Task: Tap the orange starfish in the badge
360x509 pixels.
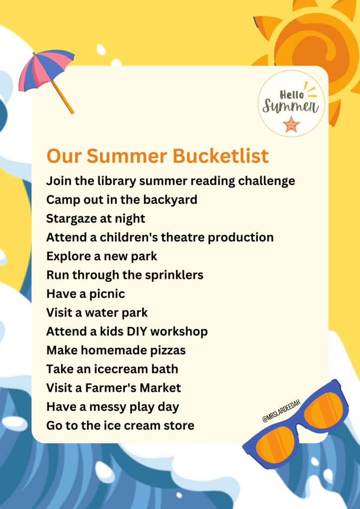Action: [291, 124]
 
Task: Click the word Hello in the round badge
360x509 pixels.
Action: [292, 94]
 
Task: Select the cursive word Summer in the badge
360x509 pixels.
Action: [290, 106]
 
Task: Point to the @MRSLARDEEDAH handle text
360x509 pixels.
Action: [281, 410]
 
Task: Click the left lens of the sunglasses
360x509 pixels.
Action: [277, 442]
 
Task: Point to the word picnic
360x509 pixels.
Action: [107, 294]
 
